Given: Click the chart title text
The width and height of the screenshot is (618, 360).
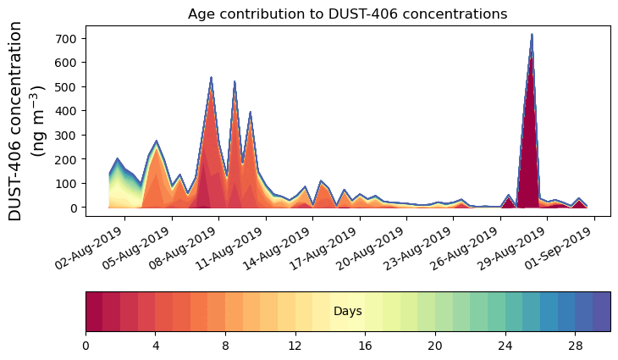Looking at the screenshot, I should click(x=347, y=14).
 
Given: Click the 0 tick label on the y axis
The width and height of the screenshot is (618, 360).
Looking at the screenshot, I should click(x=74, y=208).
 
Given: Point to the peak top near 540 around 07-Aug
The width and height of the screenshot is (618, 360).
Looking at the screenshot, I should click(x=211, y=78).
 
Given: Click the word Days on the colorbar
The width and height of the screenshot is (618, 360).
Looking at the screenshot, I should click(x=347, y=312).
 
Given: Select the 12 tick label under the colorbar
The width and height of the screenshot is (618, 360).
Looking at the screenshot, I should click(x=295, y=346).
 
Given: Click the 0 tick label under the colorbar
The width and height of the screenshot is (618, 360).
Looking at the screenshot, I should click(x=86, y=346).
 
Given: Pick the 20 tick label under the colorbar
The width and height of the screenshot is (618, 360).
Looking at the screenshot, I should click(x=435, y=346).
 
